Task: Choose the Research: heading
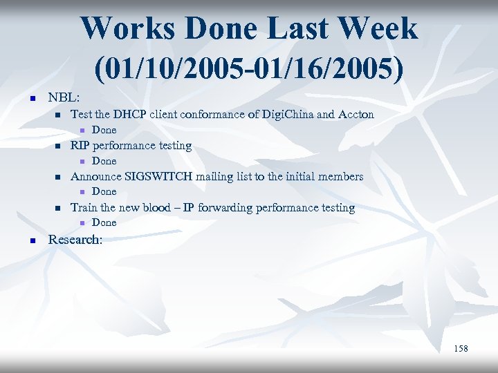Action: [75, 240]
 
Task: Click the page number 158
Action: [461, 349]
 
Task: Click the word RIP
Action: [80, 145]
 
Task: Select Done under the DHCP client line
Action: [104, 130]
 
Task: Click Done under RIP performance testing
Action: [104, 161]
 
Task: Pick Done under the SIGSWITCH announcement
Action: [104, 191]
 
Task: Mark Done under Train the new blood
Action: [104, 222]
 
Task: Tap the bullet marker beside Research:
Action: [32, 240]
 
